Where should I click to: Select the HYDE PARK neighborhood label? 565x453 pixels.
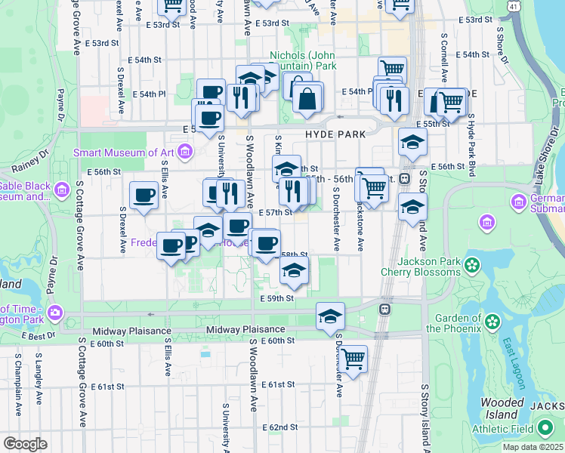335,134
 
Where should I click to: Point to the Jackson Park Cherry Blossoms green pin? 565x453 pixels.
472,265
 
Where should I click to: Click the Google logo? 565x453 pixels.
25,444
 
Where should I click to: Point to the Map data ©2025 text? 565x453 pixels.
532,447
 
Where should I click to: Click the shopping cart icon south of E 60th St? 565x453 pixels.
353,359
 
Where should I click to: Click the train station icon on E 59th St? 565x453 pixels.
384,309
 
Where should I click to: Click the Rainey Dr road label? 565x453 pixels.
26,168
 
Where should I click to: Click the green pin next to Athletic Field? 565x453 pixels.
544,429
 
